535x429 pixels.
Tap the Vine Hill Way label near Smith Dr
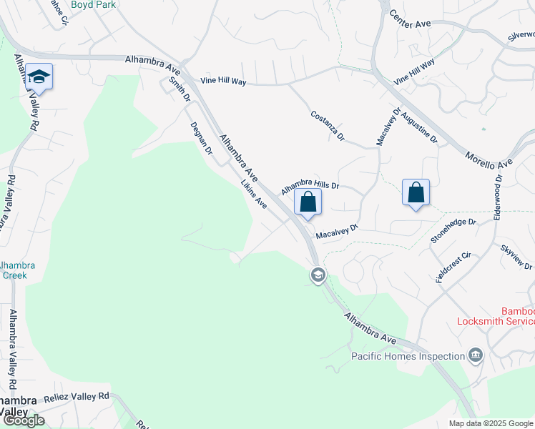pos(223,82)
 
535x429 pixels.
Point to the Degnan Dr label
pos(201,138)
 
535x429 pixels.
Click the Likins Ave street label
pos(253,194)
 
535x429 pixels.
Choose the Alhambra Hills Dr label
pos(309,187)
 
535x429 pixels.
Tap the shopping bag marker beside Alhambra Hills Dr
pos(308,202)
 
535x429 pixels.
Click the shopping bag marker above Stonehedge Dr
pos(416,192)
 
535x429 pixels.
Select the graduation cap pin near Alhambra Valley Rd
pos(40,77)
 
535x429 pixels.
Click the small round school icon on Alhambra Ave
pos(318,275)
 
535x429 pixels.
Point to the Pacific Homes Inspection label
pos(408,356)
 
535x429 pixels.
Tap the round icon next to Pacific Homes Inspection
pos(476,355)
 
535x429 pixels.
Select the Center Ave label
pos(410,24)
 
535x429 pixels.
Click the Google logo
pos(24,420)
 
